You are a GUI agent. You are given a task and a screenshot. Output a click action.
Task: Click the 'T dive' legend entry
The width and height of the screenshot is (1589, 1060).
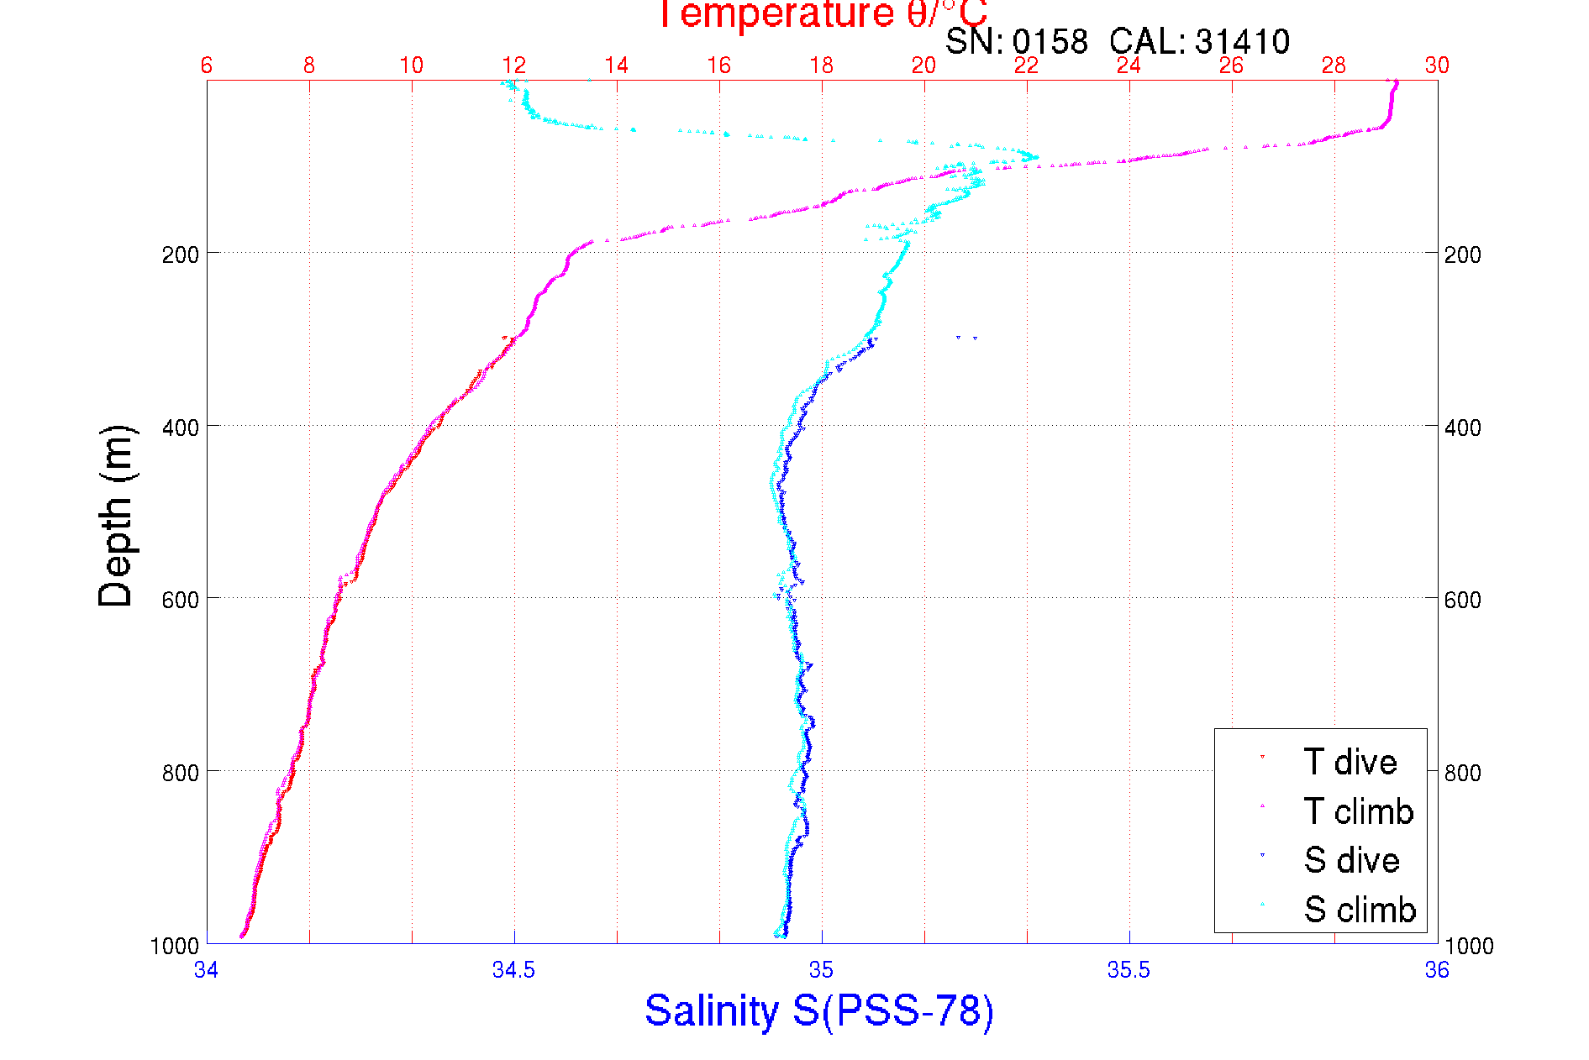1350,762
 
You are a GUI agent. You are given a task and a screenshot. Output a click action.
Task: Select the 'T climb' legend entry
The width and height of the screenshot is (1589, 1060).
1358,811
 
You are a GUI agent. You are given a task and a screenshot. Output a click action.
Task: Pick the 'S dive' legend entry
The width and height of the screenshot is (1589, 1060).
1351,860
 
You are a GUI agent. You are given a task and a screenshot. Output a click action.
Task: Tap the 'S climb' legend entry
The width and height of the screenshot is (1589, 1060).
1360,910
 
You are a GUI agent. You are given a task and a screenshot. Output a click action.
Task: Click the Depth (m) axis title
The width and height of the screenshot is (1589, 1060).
116,516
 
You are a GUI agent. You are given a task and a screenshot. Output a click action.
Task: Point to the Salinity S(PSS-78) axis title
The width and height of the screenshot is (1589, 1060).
819,1010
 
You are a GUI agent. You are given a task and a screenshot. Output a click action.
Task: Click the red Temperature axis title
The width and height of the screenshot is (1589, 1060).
822,14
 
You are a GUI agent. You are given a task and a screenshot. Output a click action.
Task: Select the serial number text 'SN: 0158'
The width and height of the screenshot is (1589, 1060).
1016,41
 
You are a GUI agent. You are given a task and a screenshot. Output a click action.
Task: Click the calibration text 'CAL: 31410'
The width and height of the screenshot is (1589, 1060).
1199,41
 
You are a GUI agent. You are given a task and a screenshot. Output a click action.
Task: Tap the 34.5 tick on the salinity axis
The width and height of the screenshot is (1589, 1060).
514,970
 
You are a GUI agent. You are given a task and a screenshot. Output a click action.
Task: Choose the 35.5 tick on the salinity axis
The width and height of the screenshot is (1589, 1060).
1129,970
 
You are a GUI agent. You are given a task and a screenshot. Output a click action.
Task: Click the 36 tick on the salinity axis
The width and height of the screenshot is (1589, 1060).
1437,970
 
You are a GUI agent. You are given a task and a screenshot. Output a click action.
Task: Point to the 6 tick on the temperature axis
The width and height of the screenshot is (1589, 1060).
207,66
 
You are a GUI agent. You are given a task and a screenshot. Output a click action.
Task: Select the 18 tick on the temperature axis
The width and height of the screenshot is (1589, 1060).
822,66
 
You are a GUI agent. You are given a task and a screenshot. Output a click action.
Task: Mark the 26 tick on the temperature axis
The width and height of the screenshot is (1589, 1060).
1231,66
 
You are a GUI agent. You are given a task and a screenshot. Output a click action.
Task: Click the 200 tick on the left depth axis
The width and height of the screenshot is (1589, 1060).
181,254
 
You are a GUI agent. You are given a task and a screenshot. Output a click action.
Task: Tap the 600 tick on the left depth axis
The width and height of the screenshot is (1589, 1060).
181,600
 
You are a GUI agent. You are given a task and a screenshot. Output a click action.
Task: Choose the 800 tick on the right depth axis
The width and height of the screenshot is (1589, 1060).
1463,773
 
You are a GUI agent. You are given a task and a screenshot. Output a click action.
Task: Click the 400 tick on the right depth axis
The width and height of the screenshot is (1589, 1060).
1463,428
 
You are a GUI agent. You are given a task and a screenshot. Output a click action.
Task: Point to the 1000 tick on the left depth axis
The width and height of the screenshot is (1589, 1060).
175,946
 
